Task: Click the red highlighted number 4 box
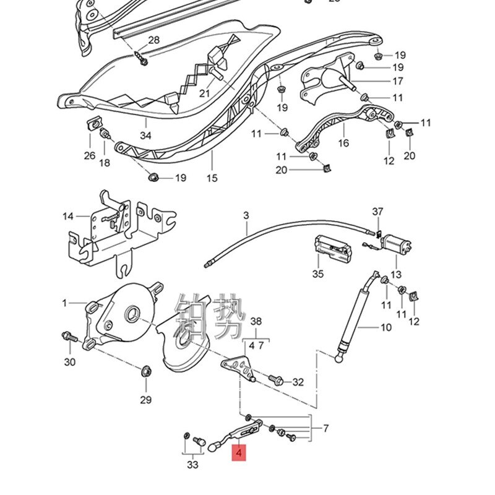(239, 454)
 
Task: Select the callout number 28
(153, 40)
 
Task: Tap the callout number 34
(145, 136)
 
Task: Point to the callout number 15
(212, 178)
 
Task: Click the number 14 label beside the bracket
(67, 216)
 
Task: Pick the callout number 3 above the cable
(246, 215)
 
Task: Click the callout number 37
(377, 212)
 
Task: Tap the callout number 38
(256, 322)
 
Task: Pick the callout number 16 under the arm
(343, 143)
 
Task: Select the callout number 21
(204, 93)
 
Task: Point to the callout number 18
(105, 163)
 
